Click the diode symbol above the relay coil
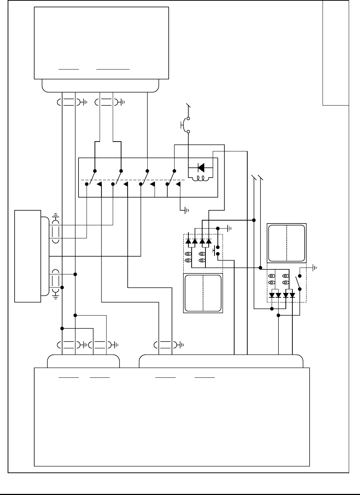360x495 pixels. tap(201, 167)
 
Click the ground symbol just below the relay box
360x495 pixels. tap(186, 210)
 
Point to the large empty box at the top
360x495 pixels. tap(101, 43)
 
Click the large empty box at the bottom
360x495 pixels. tap(172, 417)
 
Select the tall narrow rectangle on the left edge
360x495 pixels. tap(28, 256)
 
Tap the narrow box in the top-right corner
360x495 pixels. tap(336, 53)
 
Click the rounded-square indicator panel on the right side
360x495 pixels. tap(287, 243)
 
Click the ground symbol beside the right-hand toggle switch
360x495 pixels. tap(314, 268)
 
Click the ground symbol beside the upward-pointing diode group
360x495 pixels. tap(229, 229)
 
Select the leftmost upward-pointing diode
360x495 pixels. tap(188, 241)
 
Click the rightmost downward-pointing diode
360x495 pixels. tap(292, 295)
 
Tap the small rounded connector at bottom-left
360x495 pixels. tap(83, 361)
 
